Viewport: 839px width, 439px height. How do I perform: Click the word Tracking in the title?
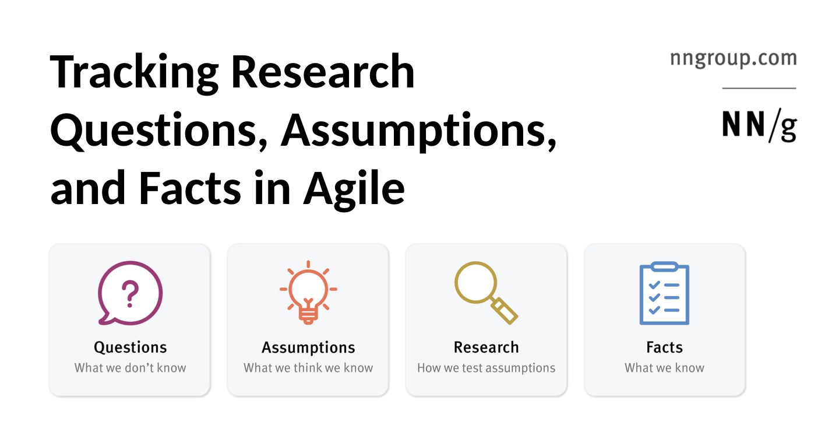tap(134, 72)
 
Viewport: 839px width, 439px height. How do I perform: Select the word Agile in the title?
tap(354, 189)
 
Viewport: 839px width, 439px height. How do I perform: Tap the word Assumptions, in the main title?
tap(418, 131)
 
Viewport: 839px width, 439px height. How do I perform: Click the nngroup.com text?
tap(733, 58)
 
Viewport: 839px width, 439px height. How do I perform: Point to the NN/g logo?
tap(759, 125)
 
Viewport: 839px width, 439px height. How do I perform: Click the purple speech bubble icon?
tap(129, 293)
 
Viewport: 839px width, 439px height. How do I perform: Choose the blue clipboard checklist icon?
tap(664, 294)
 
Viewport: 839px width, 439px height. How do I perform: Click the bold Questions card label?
tap(131, 347)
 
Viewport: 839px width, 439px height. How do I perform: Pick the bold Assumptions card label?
tap(308, 347)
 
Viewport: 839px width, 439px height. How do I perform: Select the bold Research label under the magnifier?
tap(486, 347)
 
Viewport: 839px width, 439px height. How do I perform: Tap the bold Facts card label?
tap(664, 347)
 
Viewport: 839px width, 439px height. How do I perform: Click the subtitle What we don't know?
tap(131, 368)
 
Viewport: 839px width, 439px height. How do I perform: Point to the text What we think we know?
tap(308, 368)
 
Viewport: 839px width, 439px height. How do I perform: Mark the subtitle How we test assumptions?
tap(486, 368)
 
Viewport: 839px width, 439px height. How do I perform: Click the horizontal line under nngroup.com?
tap(759, 88)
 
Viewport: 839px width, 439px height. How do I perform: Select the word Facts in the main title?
tap(189, 189)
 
